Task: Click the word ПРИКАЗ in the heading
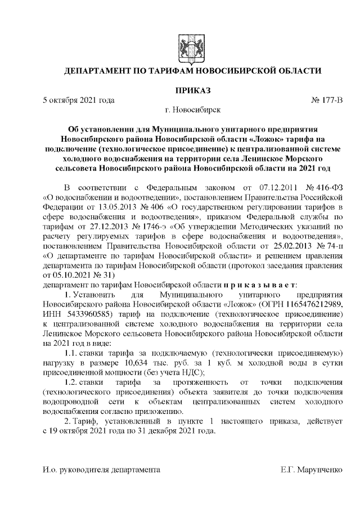[x=179, y=89]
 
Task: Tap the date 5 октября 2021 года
[x=79, y=100]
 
